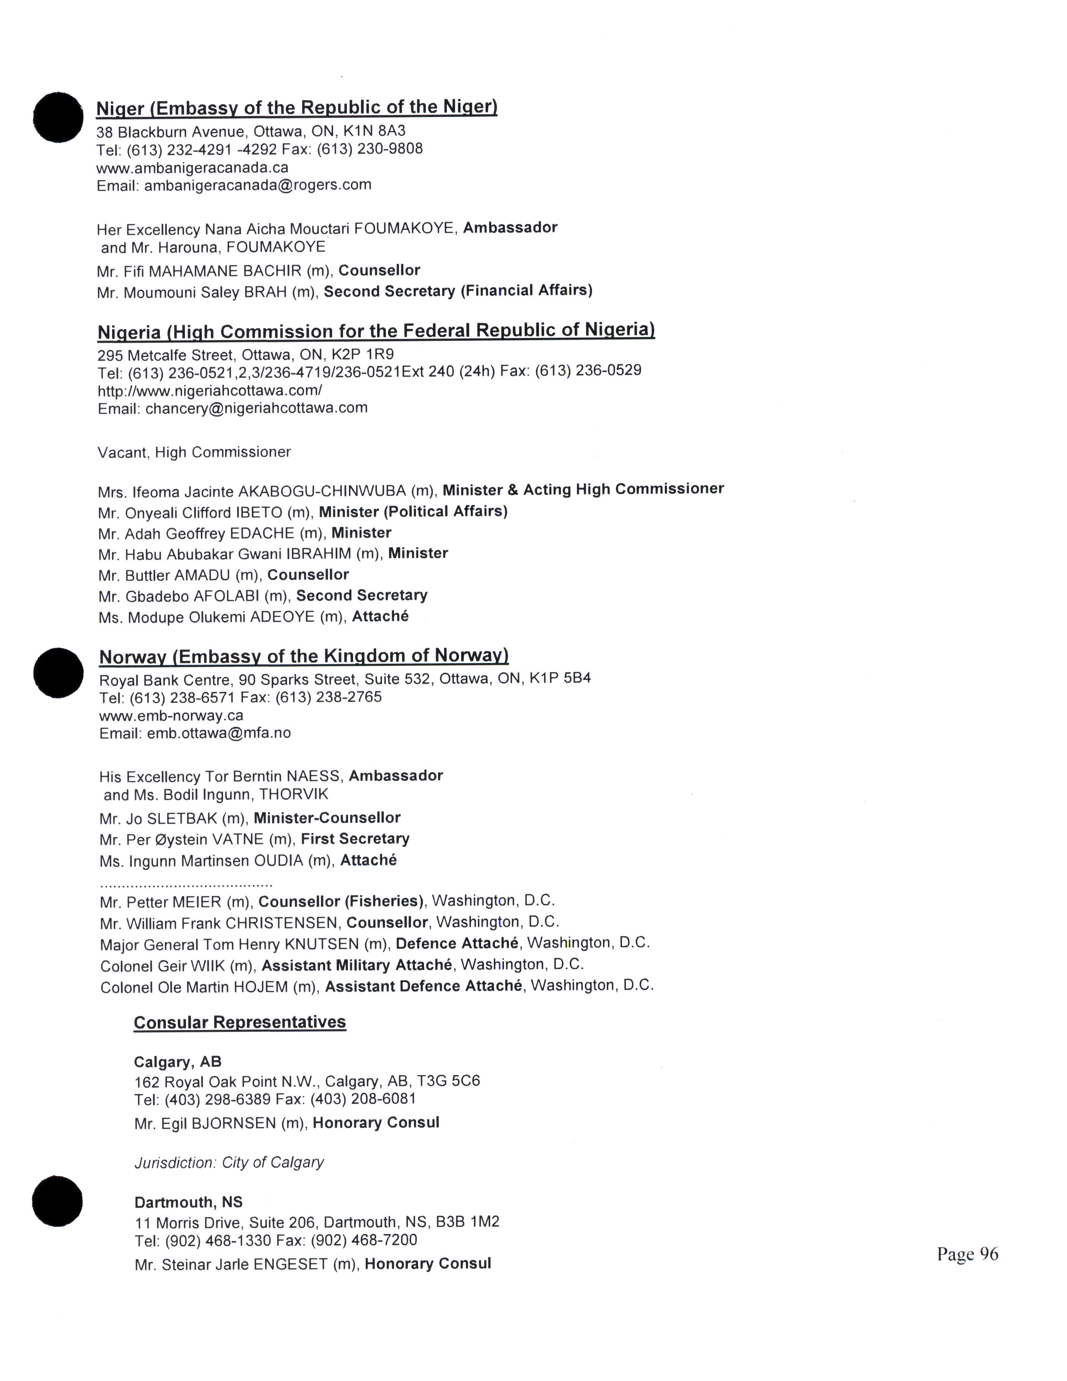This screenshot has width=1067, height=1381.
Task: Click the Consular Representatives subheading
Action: pyautogui.click(x=240, y=1022)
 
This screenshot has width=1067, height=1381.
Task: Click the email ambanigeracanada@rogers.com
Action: pyautogui.click(x=258, y=185)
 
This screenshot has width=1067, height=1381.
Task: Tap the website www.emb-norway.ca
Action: pyautogui.click(x=171, y=716)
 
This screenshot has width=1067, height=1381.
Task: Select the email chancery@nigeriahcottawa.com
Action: pyautogui.click(x=256, y=408)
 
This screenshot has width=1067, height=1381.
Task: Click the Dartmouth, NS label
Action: pyautogui.click(x=188, y=1202)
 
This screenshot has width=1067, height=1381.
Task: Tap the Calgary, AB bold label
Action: pyautogui.click(x=177, y=1062)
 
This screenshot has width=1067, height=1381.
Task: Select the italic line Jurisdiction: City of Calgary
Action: pyautogui.click(x=229, y=1162)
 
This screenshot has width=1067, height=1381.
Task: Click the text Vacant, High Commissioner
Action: pyautogui.click(x=194, y=452)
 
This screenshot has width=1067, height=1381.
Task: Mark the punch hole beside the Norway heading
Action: pyautogui.click(x=58, y=673)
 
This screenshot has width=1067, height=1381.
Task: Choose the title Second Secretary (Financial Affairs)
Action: pyautogui.click(x=458, y=291)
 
